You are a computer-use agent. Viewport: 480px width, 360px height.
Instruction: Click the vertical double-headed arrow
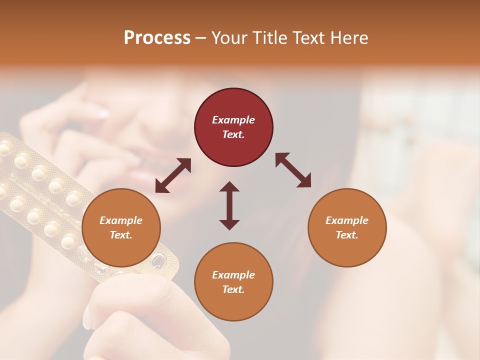(229, 205)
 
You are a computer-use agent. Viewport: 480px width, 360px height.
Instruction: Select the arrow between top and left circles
(173, 175)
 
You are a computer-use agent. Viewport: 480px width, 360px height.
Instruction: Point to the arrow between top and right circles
(293, 170)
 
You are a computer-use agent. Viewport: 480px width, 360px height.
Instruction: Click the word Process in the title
(157, 37)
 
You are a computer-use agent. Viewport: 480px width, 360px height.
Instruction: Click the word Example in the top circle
(233, 120)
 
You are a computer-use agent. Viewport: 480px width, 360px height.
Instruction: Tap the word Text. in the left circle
(121, 235)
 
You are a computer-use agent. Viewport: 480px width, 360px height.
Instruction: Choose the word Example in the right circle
(347, 220)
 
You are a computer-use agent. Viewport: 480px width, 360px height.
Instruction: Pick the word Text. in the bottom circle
(233, 289)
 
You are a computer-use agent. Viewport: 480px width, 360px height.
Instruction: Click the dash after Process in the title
(200, 38)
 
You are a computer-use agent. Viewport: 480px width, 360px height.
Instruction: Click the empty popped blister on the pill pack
(158, 260)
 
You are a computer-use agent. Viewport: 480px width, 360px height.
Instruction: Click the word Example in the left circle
(121, 220)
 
